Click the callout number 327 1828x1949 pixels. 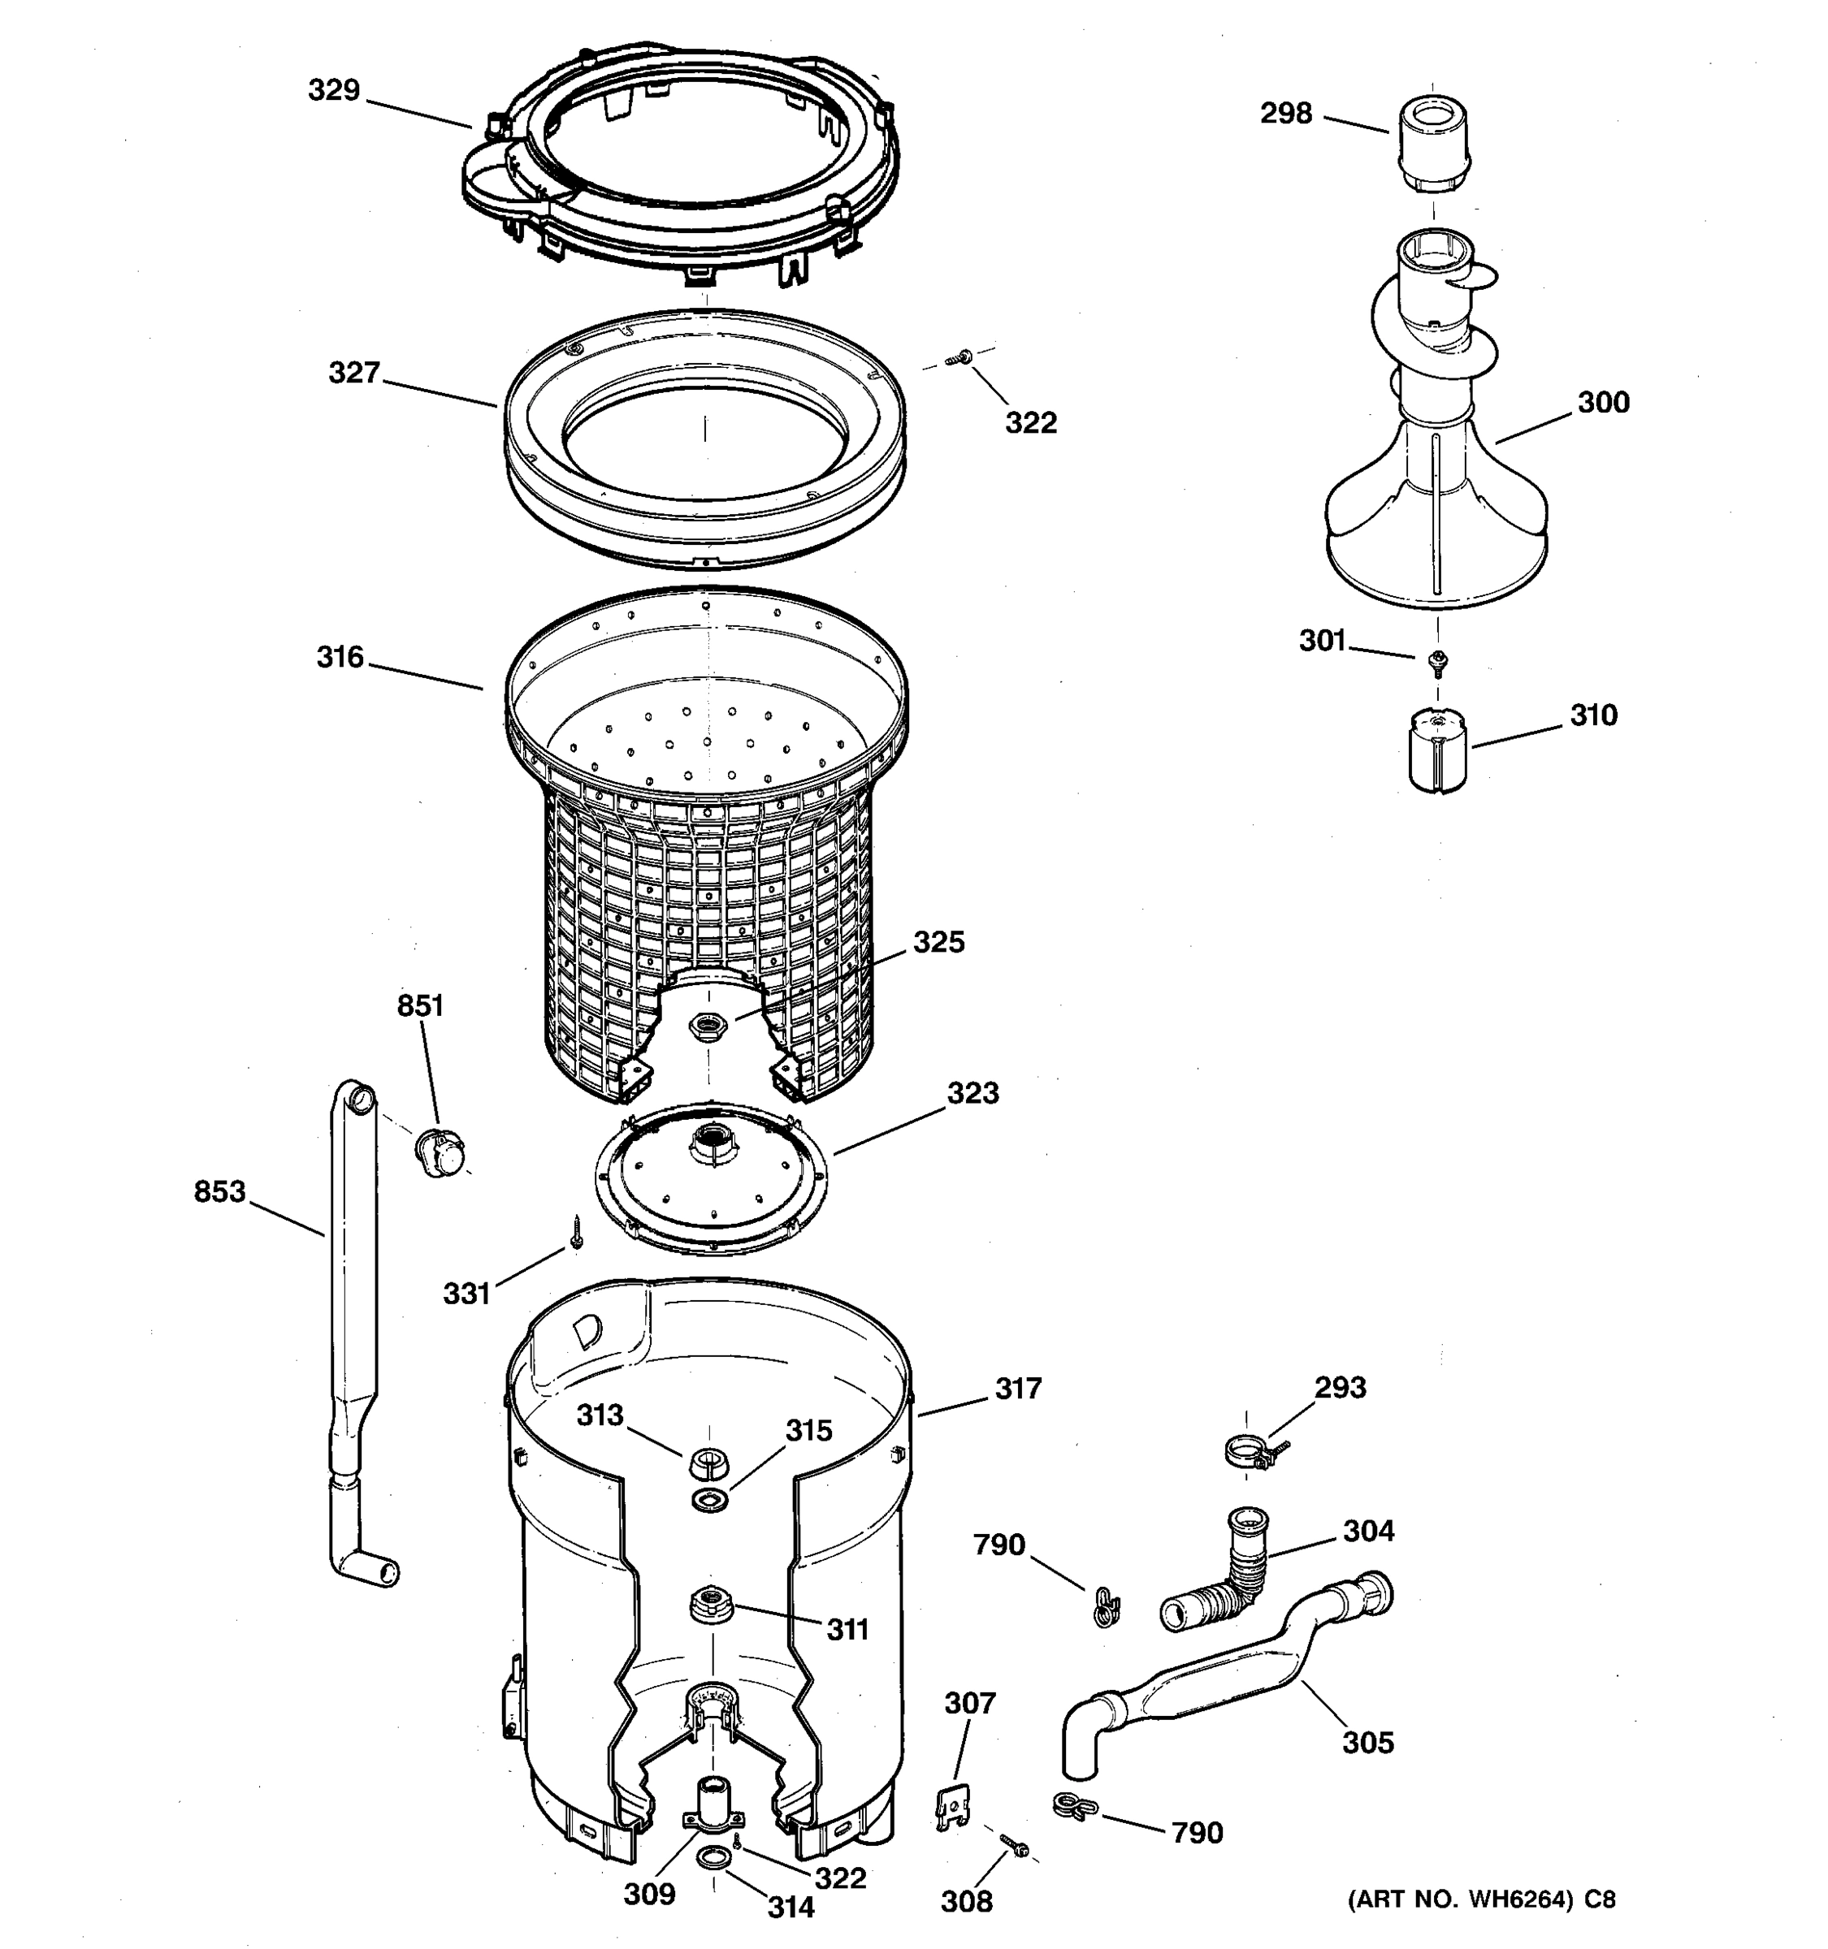point(353,373)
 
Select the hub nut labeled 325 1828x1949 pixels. point(706,1027)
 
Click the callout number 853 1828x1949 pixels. point(219,1192)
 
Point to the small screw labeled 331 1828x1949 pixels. point(577,1231)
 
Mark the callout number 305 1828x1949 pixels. point(1367,1742)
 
